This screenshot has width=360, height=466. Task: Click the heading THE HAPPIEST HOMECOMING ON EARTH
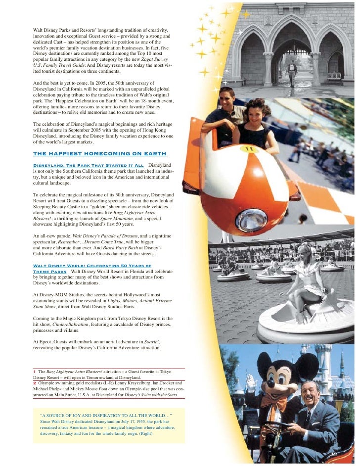pos(99,153)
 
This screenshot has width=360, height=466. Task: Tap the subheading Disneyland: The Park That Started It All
pos(88,165)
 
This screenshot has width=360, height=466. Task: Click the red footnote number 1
pos(35,372)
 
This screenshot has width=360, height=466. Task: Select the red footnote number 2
pos(35,383)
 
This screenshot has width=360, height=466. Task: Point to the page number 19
pos(333,453)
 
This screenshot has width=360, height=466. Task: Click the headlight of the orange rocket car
pos(254,220)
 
